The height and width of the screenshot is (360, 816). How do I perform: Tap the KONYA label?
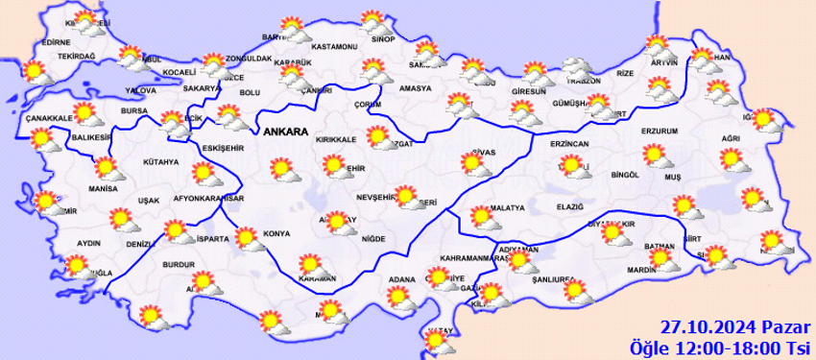(277, 233)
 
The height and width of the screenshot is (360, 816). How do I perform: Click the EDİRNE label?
(57, 42)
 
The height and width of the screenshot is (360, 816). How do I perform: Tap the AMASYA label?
(416, 88)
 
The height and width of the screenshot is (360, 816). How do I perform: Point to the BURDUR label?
(179, 263)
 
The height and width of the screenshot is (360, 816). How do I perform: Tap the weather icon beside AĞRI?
(732, 157)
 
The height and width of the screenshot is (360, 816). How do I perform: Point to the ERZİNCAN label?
(568, 142)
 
